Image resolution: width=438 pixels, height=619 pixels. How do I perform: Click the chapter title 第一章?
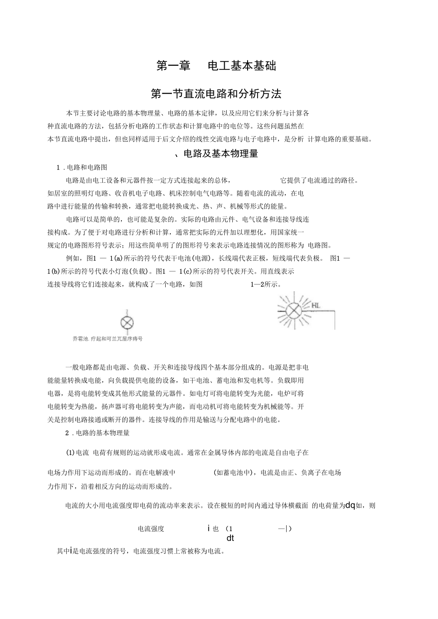[x=174, y=66]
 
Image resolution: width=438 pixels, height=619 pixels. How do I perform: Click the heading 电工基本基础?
[x=242, y=66]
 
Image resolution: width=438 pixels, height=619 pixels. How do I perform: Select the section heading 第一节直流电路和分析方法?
[x=216, y=94]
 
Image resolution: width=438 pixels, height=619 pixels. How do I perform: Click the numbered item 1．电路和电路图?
[x=82, y=167]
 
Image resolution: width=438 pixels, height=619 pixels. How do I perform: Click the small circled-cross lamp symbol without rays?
[x=127, y=323]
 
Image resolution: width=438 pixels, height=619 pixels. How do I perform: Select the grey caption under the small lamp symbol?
[x=108, y=339]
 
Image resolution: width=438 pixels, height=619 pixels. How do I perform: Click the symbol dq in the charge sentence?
[x=350, y=505]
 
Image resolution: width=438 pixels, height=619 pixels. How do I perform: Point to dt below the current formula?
[x=230, y=538]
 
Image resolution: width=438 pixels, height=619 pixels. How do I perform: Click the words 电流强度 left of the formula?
[x=151, y=529]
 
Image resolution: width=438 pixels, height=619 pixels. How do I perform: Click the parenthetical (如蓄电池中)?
[x=235, y=472]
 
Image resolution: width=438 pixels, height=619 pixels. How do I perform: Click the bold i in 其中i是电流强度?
[x=71, y=551]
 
